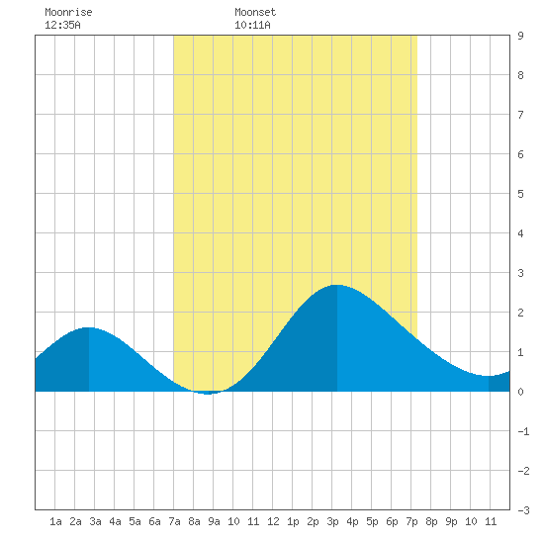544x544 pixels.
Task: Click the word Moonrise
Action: pos(68,12)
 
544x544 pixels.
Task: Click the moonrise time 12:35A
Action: pos(62,25)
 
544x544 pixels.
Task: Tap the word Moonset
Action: pos(255,12)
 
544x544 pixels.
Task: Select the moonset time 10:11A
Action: pos(252,25)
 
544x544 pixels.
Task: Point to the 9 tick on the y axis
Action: pos(520,36)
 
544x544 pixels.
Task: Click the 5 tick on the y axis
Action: pos(520,194)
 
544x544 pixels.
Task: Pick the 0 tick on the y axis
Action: pos(520,392)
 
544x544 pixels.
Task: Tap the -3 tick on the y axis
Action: pos(524,510)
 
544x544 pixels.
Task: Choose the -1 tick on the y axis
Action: pos(524,431)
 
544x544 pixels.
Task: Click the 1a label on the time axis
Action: pos(55,521)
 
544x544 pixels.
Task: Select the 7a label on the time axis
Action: pos(174,521)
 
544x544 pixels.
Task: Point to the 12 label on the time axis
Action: pos(273,521)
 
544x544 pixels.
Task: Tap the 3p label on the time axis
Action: pos(332,521)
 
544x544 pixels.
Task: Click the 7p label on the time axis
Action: pos(411,521)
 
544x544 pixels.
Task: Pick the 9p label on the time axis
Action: pos(451,521)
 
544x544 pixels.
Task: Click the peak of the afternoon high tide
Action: pos(337,285)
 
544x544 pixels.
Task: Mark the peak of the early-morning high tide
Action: pos(89,327)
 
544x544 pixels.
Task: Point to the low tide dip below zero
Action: pos(208,393)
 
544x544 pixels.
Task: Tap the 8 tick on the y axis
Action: pos(520,75)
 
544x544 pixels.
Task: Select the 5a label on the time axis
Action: pos(135,521)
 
